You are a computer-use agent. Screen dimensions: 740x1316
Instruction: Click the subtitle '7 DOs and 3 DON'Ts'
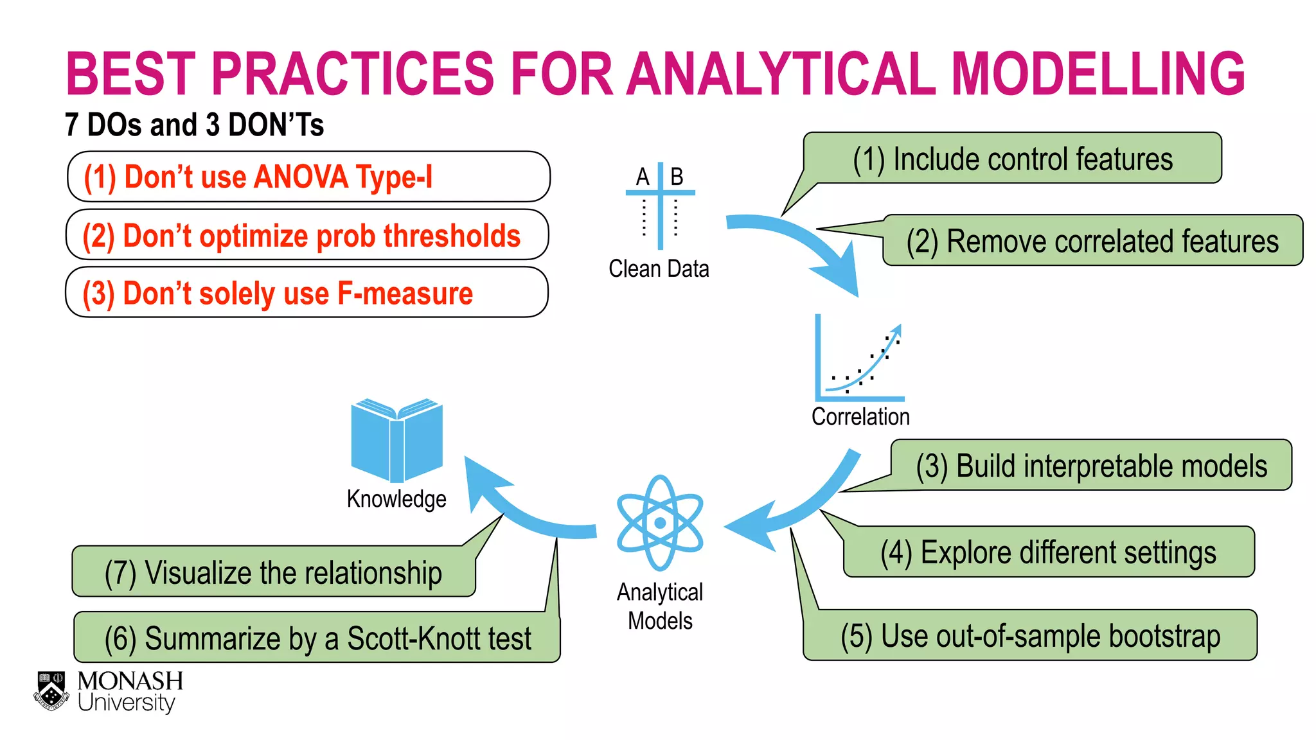click(x=194, y=125)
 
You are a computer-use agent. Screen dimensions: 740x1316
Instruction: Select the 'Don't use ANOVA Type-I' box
click(x=308, y=177)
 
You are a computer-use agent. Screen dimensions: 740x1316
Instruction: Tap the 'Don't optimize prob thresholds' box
click(x=307, y=235)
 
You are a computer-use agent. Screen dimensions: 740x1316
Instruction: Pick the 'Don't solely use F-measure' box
click(x=307, y=293)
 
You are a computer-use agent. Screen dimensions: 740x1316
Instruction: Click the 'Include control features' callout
click(x=1012, y=159)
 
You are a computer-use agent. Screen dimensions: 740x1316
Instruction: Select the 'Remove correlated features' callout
click(x=1092, y=241)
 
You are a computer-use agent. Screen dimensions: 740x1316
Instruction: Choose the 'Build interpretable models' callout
click(x=1091, y=466)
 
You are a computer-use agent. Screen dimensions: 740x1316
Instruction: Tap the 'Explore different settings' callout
click(x=1048, y=552)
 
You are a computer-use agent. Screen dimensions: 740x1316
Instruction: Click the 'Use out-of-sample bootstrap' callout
click(x=1030, y=636)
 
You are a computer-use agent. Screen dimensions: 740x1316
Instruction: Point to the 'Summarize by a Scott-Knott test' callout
click(x=317, y=638)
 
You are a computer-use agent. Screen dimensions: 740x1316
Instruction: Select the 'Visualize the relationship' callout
click(x=273, y=572)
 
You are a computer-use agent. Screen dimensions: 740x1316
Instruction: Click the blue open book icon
click(x=396, y=441)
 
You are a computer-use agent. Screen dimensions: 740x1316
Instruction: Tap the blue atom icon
click(x=660, y=523)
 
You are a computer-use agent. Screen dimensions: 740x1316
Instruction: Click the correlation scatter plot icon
click(x=859, y=360)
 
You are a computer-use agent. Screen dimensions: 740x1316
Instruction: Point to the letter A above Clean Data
click(x=643, y=177)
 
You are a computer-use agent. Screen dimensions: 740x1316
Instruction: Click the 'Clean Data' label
click(x=659, y=269)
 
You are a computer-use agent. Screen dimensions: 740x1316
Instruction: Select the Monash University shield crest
click(x=51, y=691)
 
